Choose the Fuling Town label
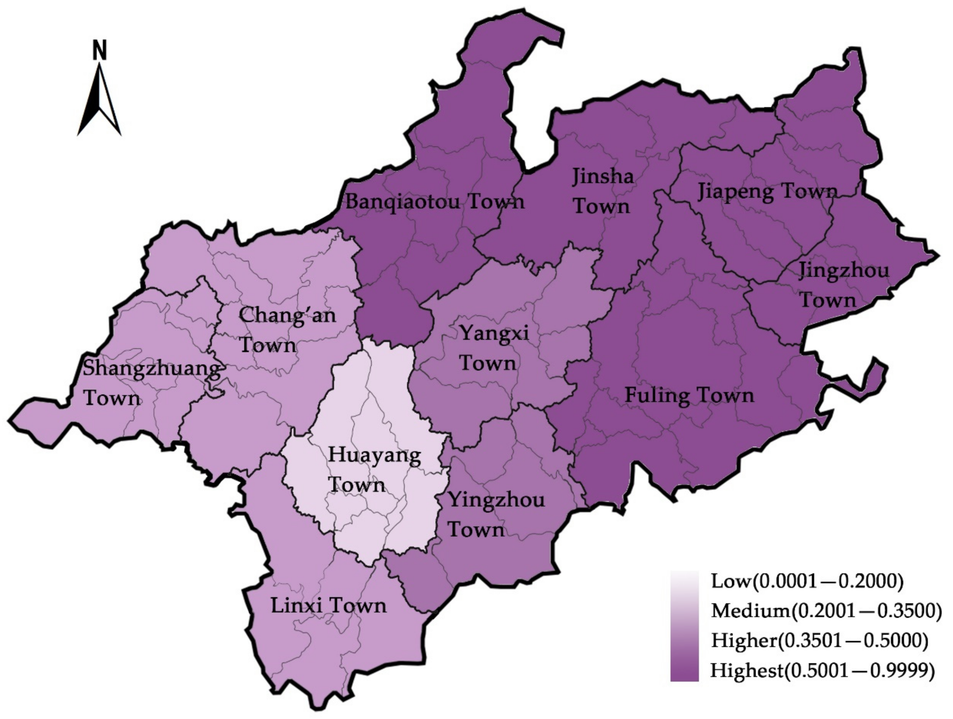tap(689, 395)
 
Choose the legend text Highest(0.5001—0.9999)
tap(822, 670)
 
